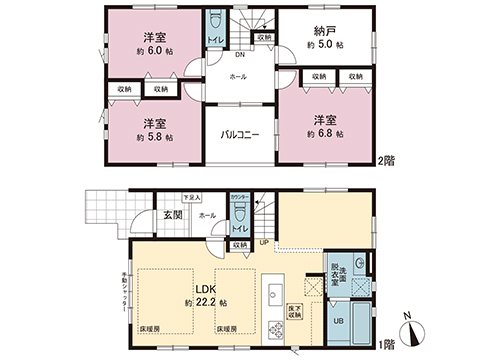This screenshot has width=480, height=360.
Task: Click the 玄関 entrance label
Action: [x=173, y=215]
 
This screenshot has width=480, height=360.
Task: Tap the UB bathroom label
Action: [x=336, y=322]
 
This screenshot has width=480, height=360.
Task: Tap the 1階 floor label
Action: [x=384, y=343]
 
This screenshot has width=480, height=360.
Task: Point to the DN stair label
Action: [x=241, y=55]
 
